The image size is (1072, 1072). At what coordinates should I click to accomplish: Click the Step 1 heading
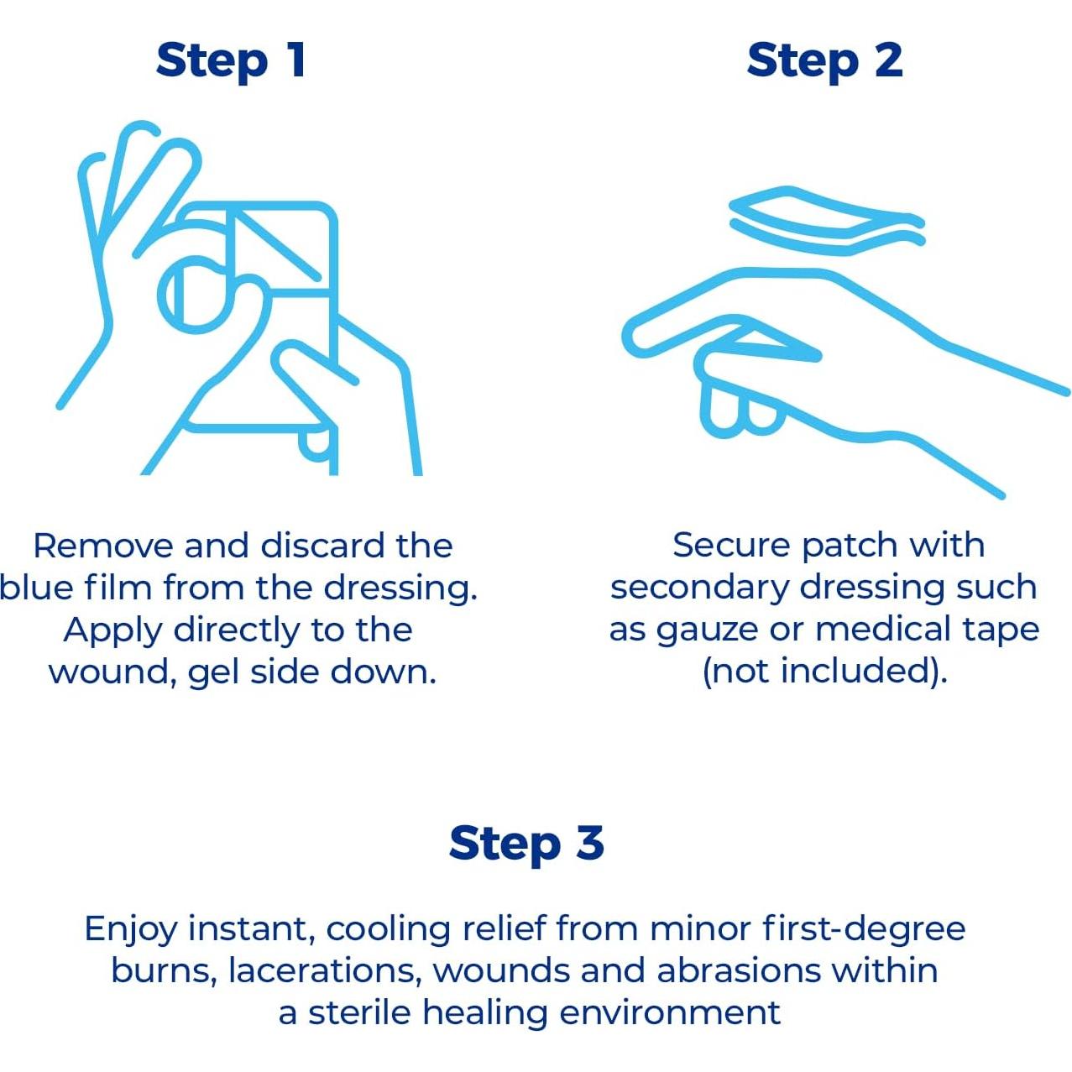pyautogui.click(x=230, y=61)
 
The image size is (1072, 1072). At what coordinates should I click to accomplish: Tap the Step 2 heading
pyautogui.click(x=824, y=61)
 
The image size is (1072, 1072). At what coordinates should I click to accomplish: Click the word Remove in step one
pyautogui.click(x=103, y=546)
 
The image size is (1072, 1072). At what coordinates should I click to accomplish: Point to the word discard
pyautogui.click(x=322, y=546)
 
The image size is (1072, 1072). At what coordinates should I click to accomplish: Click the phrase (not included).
pyautogui.click(x=824, y=672)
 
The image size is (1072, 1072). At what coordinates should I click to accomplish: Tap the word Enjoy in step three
pyautogui.click(x=131, y=930)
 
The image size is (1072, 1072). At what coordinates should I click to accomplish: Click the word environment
pyautogui.click(x=670, y=1013)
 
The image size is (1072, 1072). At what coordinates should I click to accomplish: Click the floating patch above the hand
pyautogui.click(x=827, y=221)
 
